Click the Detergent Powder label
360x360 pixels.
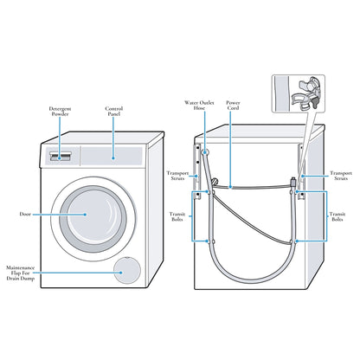[60, 112]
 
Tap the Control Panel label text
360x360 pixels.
[114, 112]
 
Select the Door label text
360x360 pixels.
[25, 214]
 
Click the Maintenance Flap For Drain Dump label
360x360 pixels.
[21, 273]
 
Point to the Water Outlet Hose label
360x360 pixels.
[199, 106]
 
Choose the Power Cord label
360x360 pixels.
[233, 106]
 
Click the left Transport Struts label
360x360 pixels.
[177, 176]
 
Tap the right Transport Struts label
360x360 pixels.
[341, 176]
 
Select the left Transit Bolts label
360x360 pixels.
[177, 216]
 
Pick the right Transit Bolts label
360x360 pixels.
[337, 216]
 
